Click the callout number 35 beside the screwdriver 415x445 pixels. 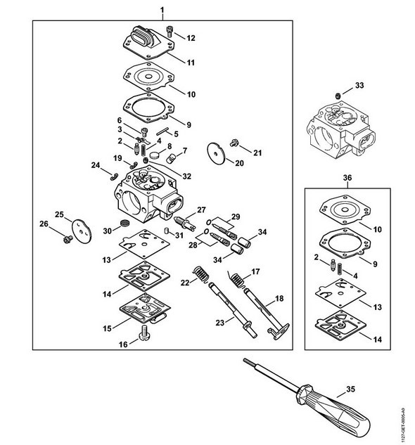[x=351, y=389]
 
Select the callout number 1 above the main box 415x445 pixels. [x=162, y=11]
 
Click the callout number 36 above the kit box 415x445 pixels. [x=347, y=178]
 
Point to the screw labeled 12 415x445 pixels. [x=169, y=31]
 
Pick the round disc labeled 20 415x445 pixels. [x=216, y=153]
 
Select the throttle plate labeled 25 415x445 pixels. [x=82, y=231]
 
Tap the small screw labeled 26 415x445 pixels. [x=68, y=240]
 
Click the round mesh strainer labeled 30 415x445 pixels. [x=124, y=223]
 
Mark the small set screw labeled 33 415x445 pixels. [x=338, y=96]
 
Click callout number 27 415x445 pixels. [x=201, y=210]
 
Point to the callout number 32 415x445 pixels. [x=186, y=176]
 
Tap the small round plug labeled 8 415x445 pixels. [x=155, y=155]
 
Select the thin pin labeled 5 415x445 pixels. [x=162, y=131]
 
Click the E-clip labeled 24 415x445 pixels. [x=114, y=176]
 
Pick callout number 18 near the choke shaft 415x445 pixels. [x=279, y=299]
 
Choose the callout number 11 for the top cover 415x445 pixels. [x=191, y=63]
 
